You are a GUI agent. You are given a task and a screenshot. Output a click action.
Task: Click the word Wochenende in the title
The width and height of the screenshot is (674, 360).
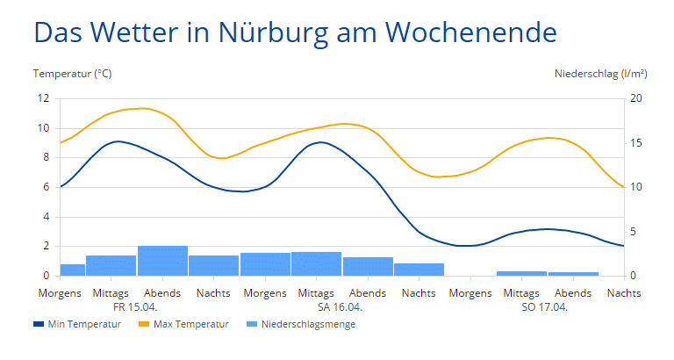470,32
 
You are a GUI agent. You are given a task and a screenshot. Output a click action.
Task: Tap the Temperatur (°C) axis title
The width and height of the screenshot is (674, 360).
73,74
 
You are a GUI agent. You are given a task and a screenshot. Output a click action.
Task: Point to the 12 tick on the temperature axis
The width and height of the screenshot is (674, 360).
44,98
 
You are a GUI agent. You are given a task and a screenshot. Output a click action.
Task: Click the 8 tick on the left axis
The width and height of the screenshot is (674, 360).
47,158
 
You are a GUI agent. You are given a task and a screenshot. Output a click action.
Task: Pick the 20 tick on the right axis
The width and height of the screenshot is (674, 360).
637,98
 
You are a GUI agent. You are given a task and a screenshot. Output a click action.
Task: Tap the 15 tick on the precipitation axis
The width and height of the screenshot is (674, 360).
637,143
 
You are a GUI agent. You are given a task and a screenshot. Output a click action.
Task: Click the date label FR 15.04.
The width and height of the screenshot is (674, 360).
135,307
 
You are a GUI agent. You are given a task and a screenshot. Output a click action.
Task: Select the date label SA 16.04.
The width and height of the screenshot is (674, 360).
340,307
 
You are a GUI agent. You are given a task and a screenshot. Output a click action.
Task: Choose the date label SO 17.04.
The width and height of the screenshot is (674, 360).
544,307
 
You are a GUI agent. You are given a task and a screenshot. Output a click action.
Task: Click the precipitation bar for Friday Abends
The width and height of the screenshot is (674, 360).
162,262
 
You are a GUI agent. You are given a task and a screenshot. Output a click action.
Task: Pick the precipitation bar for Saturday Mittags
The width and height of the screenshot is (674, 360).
316,264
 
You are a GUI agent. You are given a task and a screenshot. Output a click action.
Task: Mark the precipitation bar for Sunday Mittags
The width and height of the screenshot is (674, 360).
521,273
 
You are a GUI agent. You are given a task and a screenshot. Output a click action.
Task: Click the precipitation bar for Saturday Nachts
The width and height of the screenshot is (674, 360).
419,270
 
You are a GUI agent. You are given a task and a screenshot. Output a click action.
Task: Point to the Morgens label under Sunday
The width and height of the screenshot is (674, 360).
470,293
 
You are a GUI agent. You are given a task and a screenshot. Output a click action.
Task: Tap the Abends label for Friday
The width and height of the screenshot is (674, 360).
162,293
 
